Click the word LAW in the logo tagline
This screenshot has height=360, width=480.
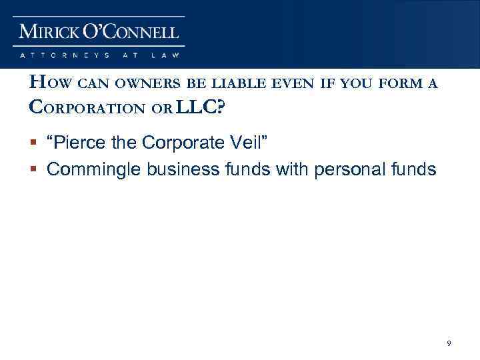pos(166,56)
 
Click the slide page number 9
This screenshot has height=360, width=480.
pos(449,343)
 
